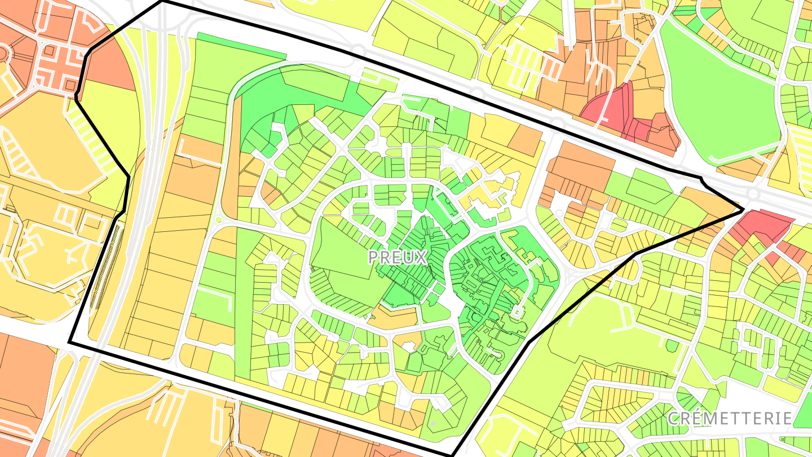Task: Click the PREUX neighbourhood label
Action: click(398, 257)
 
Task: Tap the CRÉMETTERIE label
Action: click(730, 419)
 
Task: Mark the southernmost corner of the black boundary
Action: click(452, 455)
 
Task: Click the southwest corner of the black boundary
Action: click(69, 342)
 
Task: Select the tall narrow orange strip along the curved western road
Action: click(230, 169)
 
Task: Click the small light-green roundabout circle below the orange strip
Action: click(218, 219)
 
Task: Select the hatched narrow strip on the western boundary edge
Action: click(104, 265)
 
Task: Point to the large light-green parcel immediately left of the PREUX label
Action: click(338, 254)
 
